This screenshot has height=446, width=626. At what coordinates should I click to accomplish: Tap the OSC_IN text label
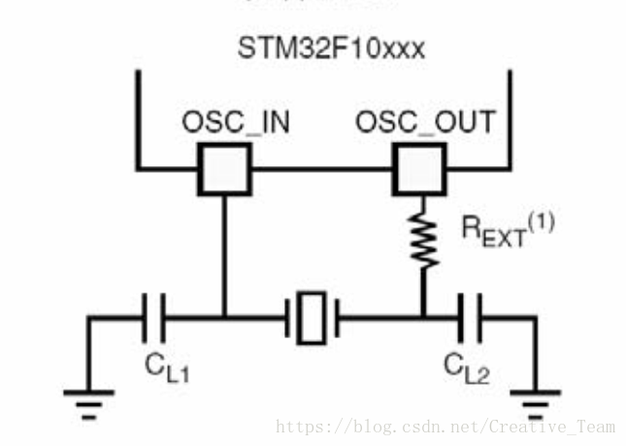(x=236, y=123)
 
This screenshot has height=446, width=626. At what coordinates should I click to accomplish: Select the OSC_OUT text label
(x=424, y=123)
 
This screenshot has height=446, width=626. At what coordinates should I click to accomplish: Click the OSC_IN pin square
(x=224, y=167)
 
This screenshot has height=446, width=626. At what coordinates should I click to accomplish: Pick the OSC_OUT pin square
(x=417, y=167)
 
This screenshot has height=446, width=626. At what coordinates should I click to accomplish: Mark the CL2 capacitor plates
(x=472, y=316)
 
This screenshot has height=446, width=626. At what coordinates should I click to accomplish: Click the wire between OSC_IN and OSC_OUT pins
(x=320, y=167)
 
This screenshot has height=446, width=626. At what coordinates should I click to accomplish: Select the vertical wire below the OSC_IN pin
(x=224, y=253)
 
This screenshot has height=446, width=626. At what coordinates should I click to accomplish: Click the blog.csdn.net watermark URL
(x=446, y=427)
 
